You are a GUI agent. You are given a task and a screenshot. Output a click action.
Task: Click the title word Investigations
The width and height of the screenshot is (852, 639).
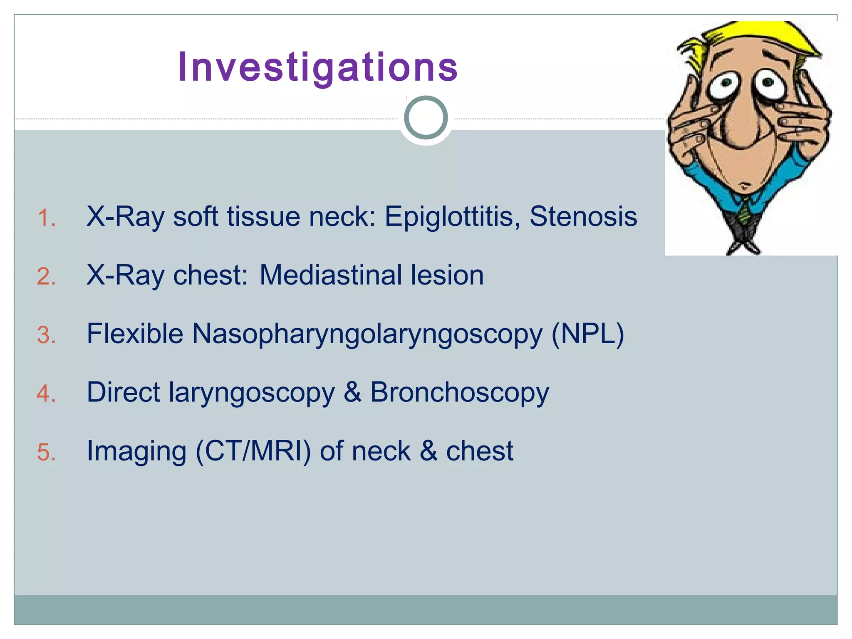pos(318,67)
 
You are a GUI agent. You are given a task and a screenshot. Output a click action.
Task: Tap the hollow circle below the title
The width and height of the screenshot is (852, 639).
pos(426,118)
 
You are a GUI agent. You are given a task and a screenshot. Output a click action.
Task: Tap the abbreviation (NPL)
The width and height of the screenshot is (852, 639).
pos(587,334)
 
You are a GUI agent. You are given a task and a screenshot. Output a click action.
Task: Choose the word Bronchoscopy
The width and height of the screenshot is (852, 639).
pos(459,393)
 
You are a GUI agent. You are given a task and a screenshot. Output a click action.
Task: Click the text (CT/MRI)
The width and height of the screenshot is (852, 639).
pos(253,451)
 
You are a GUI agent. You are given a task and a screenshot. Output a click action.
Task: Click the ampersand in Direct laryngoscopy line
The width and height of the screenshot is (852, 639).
pos(352,392)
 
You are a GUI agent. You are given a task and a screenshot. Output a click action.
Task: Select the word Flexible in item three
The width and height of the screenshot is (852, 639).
pos(135,334)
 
